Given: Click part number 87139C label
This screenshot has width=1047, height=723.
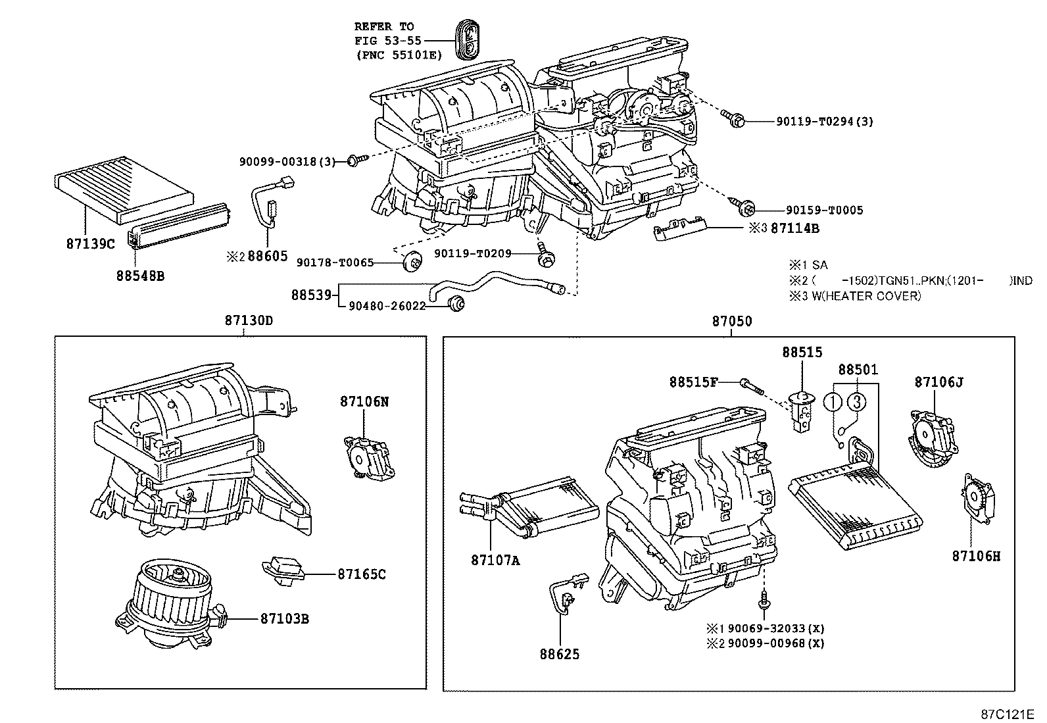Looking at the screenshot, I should click(90, 243).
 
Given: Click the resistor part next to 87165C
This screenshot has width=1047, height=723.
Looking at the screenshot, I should click(284, 569).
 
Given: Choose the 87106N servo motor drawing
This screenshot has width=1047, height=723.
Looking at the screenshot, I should click(370, 454).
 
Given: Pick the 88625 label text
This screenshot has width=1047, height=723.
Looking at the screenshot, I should click(560, 655).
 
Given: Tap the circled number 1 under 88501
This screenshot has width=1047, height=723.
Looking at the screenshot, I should click(834, 401).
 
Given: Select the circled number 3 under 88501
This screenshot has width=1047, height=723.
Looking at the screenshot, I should click(856, 401).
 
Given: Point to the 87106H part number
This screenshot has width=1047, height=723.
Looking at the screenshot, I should click(976, 556).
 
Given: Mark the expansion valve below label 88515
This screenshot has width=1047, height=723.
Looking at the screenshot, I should click(802, 412).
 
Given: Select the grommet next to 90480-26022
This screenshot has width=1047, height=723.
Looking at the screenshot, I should click(455, 303).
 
